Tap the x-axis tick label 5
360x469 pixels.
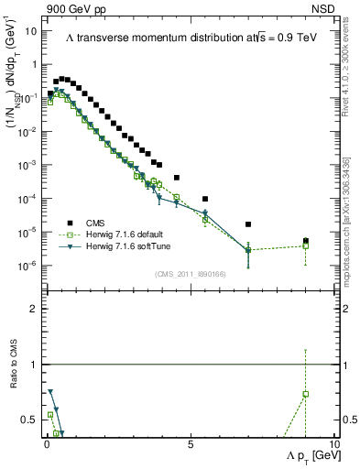tap(190, 443)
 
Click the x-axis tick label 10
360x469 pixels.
tap(333, 443)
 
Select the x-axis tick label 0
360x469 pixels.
tap(46, 443)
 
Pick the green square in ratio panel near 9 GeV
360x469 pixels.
tap(306, 394)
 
